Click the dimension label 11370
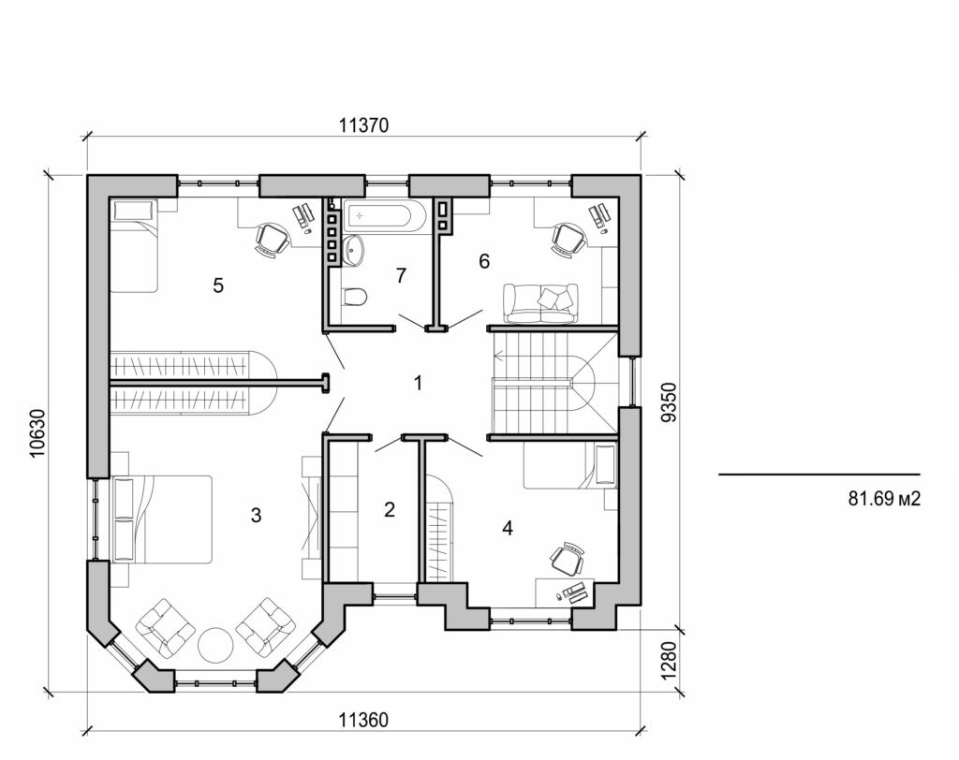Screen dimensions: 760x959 [362, 124]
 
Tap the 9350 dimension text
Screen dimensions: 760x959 [666, 403]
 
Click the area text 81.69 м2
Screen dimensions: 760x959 [884, 499]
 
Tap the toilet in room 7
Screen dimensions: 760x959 [354, 299]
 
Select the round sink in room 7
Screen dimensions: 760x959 [353, 248]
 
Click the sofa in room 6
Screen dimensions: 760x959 [540, 303]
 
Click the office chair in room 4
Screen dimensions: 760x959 [566, 559]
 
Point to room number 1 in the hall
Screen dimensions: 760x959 [418, 382]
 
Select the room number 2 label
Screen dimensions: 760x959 [390, 509]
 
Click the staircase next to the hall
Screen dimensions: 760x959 [548, 382]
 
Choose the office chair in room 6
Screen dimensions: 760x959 [567, 239]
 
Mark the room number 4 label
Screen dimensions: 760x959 [507, 528]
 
